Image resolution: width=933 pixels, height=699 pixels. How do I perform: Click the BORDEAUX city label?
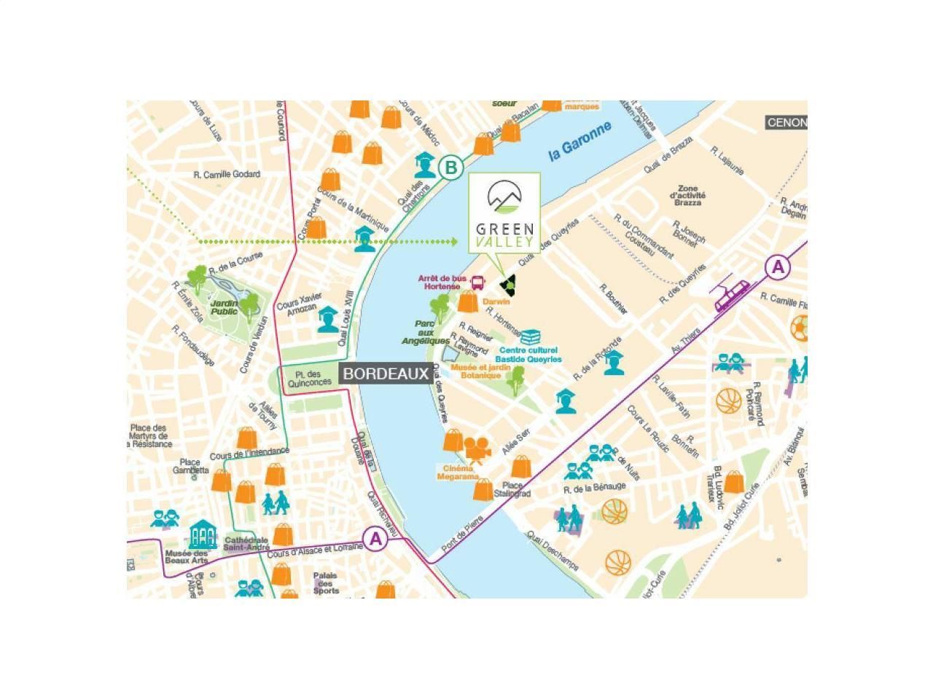[386, 374]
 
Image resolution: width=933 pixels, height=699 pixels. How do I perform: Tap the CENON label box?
[786, 122]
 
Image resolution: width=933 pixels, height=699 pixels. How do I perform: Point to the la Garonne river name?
[580, 141]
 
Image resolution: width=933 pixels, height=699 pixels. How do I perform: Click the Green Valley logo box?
[504, 213]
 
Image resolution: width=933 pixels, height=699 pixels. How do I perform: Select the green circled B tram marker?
[451, 168]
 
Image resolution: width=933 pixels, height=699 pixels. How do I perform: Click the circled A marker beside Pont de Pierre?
[375, 539]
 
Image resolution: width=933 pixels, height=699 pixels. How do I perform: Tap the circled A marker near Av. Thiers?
[778, 267]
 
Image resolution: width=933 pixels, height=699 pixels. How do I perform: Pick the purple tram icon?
[730, 296]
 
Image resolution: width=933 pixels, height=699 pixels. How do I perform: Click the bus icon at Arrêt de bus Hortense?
[478, 283]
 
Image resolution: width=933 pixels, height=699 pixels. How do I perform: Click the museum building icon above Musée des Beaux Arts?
[203, 535]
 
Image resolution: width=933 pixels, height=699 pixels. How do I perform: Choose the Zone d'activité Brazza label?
[687, 195]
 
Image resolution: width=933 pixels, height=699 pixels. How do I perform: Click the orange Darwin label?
[496, 301]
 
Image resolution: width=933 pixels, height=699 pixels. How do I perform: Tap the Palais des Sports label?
[326, 582]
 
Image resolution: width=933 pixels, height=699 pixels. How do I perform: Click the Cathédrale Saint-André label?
[246, 543]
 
